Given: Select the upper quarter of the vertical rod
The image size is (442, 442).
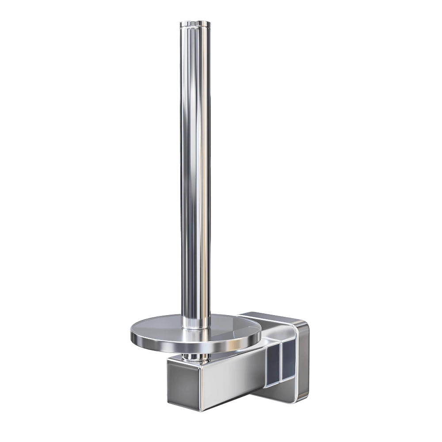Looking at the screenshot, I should pos(195,88).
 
